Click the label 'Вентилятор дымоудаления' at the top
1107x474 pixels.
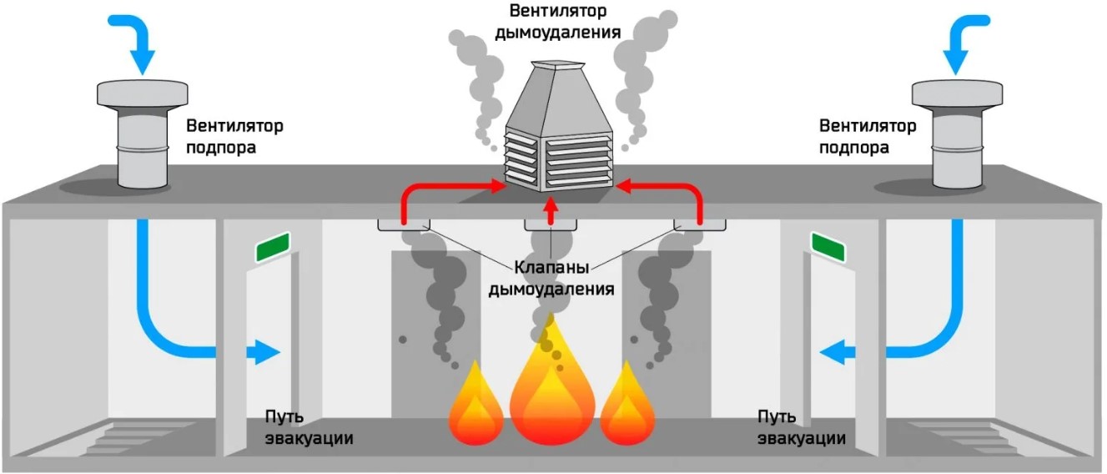point(557,22)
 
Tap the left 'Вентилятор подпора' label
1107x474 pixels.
point(234,136)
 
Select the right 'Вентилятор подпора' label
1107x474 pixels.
point(868,136)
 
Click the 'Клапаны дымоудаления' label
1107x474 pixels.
point(551,278)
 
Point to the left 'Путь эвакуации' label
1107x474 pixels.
point(309,427)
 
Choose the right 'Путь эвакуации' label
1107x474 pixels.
point(801,427)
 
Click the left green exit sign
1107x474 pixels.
point(272,247)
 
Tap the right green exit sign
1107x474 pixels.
point(828,247)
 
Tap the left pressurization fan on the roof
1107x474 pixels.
point(143,134)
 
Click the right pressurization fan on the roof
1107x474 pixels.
point(957,134)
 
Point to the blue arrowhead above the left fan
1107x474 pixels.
point(143,62)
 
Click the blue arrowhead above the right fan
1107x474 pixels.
point(956,62)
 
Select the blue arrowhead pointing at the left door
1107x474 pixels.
point(267,352)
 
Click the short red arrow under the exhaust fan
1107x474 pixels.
point(551,211)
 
